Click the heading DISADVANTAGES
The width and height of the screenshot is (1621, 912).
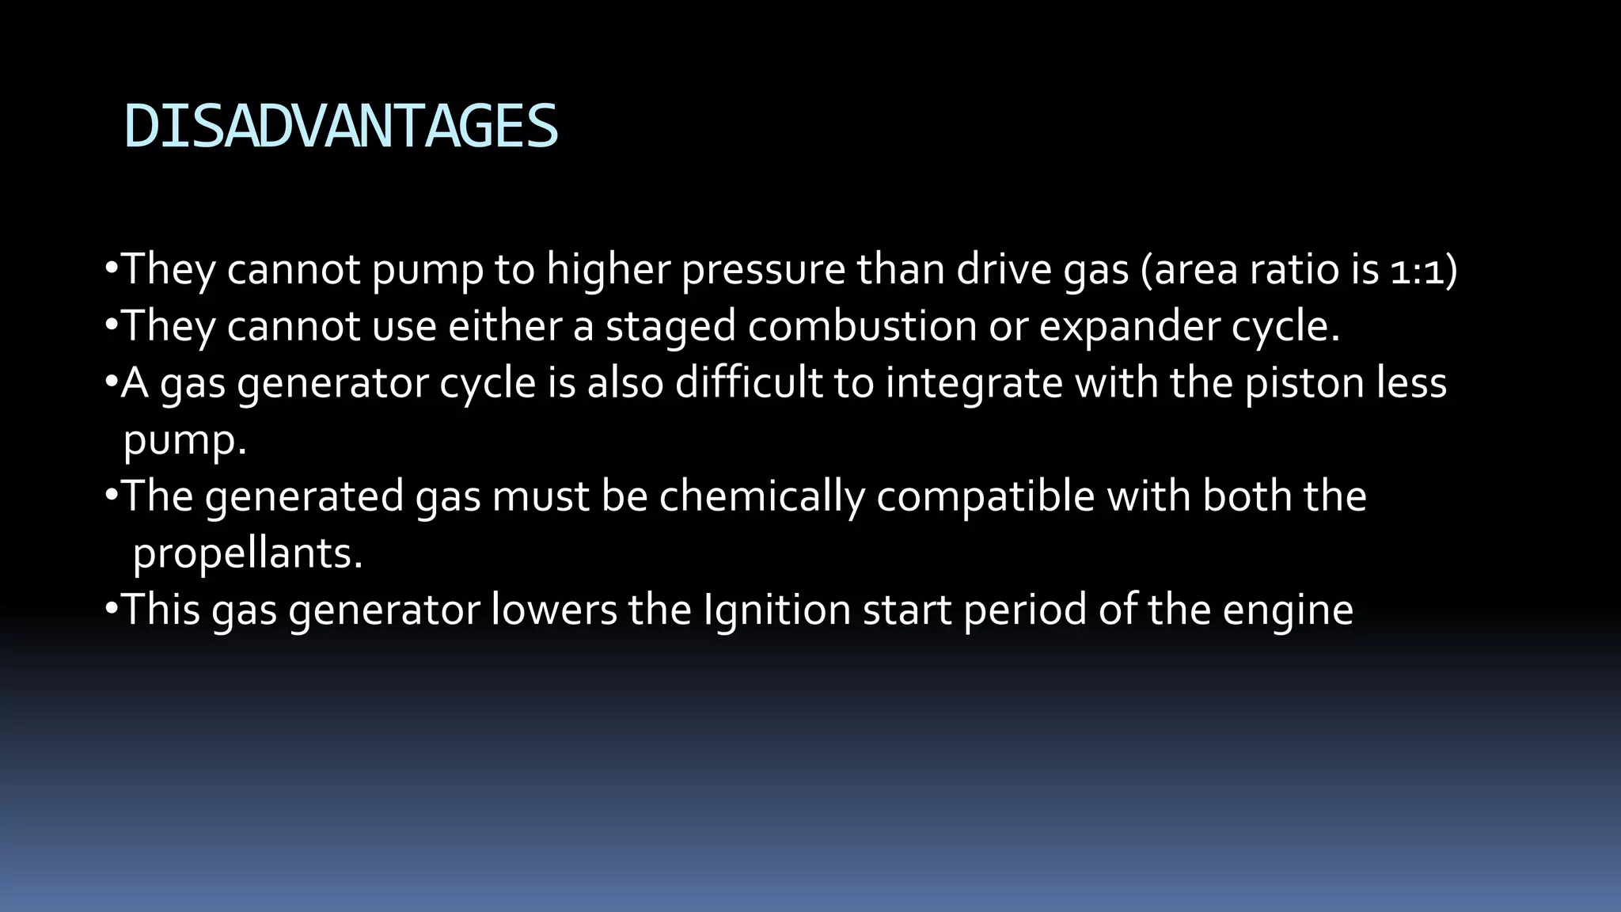[341, 127]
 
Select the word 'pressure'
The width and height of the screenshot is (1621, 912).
[763, 270]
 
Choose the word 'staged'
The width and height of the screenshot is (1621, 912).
[670, 327]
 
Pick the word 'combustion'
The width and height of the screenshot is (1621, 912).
[862, 325]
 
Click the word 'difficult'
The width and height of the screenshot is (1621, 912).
[748, 383]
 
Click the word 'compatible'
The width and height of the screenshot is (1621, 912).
[985, 497]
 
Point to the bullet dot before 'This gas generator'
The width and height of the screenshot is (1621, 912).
[111, 609]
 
